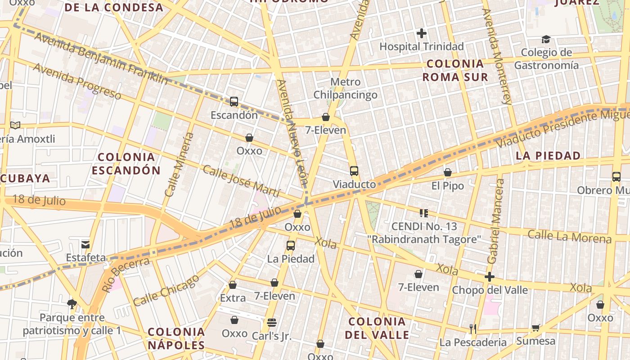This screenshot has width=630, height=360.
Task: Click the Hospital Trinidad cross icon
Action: [x=421, y=33]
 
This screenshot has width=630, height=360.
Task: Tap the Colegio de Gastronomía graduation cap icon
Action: [x=546, y=40]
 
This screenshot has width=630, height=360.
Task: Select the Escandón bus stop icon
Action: [x=234, y=102]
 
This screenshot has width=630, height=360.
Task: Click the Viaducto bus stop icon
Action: [x=354, y=171]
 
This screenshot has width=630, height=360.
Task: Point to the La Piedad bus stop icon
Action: [x=291, y=246]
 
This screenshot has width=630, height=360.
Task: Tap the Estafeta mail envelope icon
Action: [x=85, y=245]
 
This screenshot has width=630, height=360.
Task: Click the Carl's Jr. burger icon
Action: [x=271, y=323]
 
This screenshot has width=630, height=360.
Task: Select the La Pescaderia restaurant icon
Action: [x=472, y=329]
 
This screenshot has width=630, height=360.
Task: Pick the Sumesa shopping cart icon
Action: [x=535, y=328]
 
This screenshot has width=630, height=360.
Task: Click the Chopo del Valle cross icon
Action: [x=490, y=277]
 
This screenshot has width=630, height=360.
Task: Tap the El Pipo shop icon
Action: [x=447, y=172]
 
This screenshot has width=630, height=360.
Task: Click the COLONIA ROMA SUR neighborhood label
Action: [x=455, y=70]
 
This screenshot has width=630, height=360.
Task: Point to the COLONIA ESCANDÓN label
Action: [x=126, y=164]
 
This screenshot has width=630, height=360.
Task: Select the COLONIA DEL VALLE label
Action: [x=377, y=328]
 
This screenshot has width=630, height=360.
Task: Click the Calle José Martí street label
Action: [x=241, y=181]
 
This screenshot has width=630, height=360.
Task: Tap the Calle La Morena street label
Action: [x=570, y=236]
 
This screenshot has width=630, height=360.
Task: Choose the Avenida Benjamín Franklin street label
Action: [x=101, y=58]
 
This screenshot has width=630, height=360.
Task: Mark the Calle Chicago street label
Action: [x=166, y=290]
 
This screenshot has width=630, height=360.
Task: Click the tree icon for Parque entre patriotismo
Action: [x=71, y=304]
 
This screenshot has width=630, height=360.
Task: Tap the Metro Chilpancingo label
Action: [x=345, y=88]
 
